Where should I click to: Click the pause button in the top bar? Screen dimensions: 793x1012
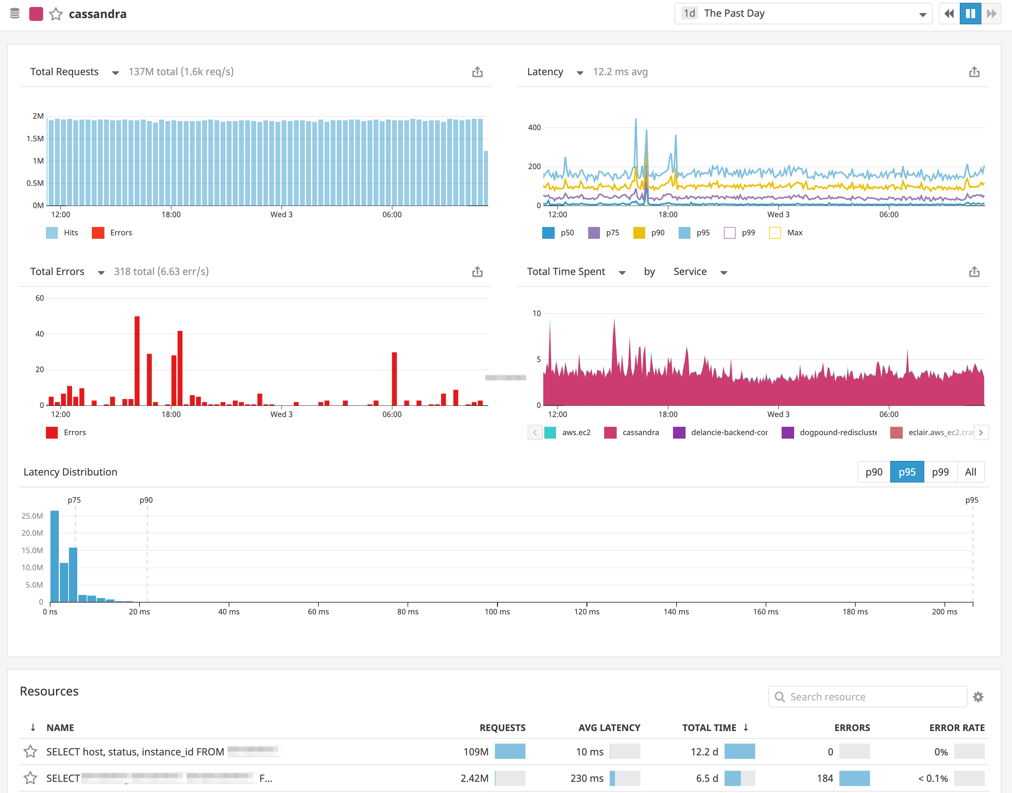(x=970, y=14)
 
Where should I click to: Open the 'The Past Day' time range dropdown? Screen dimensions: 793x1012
(x=803, y=14)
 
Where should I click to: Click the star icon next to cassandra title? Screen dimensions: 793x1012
(x=56, y=14)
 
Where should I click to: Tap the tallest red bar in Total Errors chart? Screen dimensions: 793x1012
(x=137, y=360)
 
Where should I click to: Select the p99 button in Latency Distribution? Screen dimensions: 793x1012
(x=940, y=472)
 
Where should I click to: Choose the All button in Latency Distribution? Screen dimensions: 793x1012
(x=970, y=472)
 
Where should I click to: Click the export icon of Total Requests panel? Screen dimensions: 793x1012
(x=477, y=72)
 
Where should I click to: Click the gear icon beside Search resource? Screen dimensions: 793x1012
(x=978, y=697)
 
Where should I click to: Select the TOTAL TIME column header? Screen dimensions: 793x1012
(x=709, y=728)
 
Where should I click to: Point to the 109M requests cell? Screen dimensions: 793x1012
(x=476, y=752)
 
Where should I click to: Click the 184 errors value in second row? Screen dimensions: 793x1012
(x=824, y=778)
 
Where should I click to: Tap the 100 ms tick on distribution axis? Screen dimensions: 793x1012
(x=497, y=612)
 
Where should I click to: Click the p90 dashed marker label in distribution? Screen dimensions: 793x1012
(x=146, y=500)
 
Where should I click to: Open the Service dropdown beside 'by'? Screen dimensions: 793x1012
(x=700, y=272)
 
